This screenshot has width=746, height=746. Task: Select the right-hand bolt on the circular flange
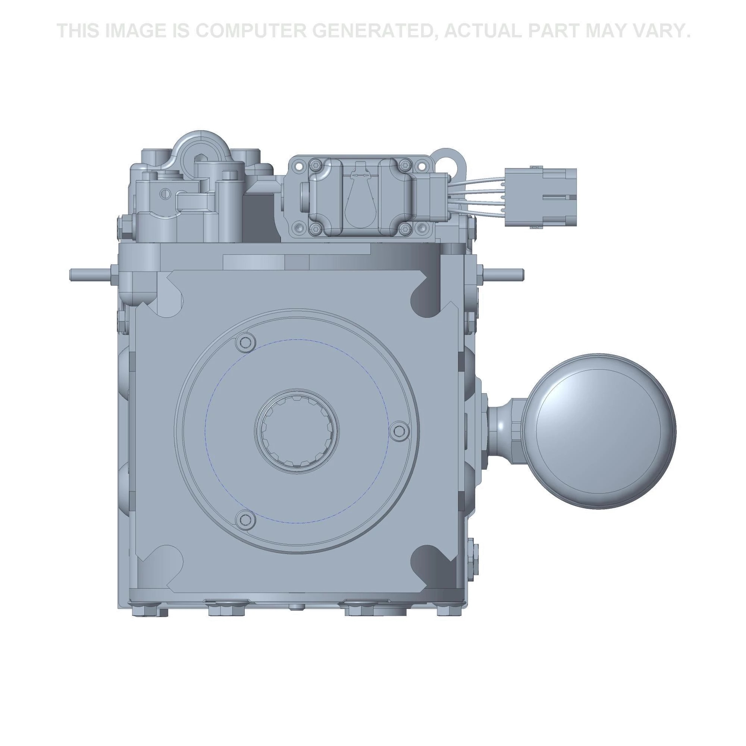[398, 430]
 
